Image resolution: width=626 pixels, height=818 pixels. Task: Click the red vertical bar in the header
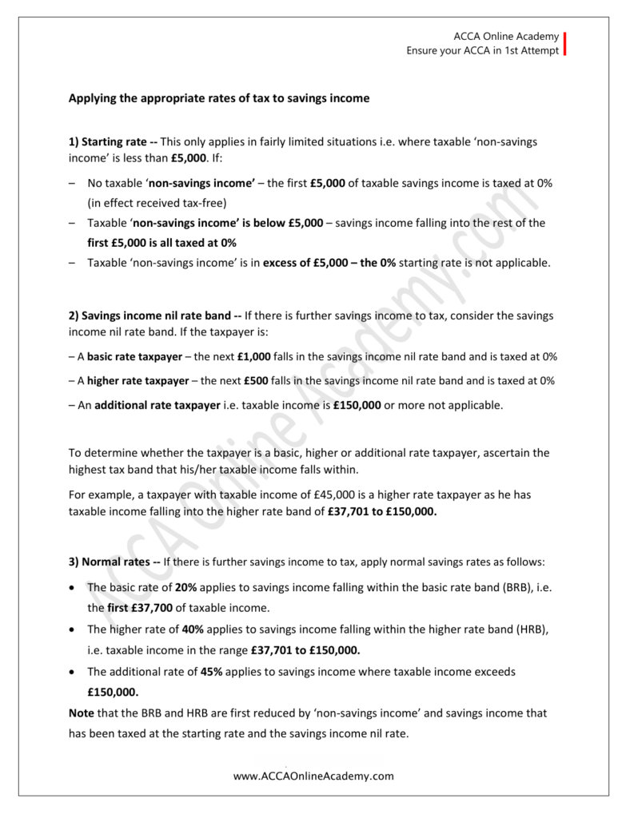point(564,43)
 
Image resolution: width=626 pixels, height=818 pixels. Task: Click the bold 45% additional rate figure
point(210,671)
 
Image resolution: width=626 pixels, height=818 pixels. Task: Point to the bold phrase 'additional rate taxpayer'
point(157,405)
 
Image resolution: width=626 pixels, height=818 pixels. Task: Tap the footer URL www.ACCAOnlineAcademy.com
point(313,776)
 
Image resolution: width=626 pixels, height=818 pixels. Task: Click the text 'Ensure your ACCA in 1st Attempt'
point(482,50)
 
